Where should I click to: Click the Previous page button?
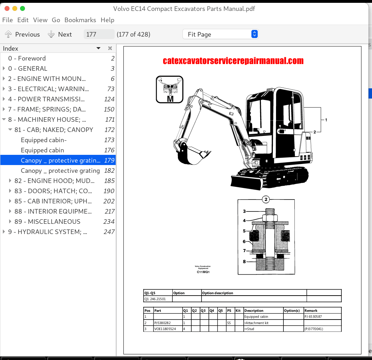(23, 34)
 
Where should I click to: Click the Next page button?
(60, 34)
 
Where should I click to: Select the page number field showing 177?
(99, 34)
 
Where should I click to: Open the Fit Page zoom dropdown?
(220, 34)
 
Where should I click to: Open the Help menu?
(107, 20)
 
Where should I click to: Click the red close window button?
(6, 8)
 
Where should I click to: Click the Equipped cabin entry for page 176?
(42, 150)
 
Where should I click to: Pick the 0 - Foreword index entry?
(27, 58)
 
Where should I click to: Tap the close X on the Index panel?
(110, 49)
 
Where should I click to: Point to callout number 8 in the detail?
(244, 261)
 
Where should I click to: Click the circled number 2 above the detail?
(266, 200)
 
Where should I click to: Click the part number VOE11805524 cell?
(165, 329)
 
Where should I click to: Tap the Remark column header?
(311, 311)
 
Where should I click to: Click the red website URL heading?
(233, 61)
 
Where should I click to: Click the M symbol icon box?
(169, 90)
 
